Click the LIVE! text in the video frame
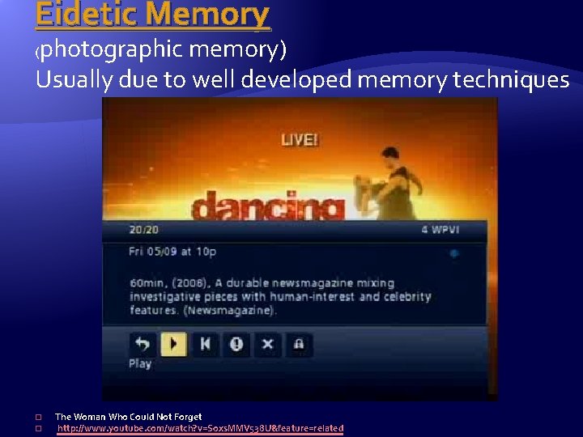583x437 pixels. [x=300, y=140]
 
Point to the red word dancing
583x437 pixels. [x=267, y=206]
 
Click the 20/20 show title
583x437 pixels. [x=143, y=231]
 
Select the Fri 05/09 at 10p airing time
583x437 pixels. [x=172, y=252]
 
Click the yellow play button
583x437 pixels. [x=173, y=344]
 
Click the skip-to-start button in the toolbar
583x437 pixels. [x=205, y=344]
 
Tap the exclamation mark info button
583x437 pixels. [x=236, y=344]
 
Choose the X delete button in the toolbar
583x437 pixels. [x=267, y=344]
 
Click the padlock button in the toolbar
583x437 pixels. [x=299, y=344]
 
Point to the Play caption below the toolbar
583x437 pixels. [x=140, y=364]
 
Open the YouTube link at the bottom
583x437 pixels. [x=200, y=428]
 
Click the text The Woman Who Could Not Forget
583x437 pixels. [x=128, y=417]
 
